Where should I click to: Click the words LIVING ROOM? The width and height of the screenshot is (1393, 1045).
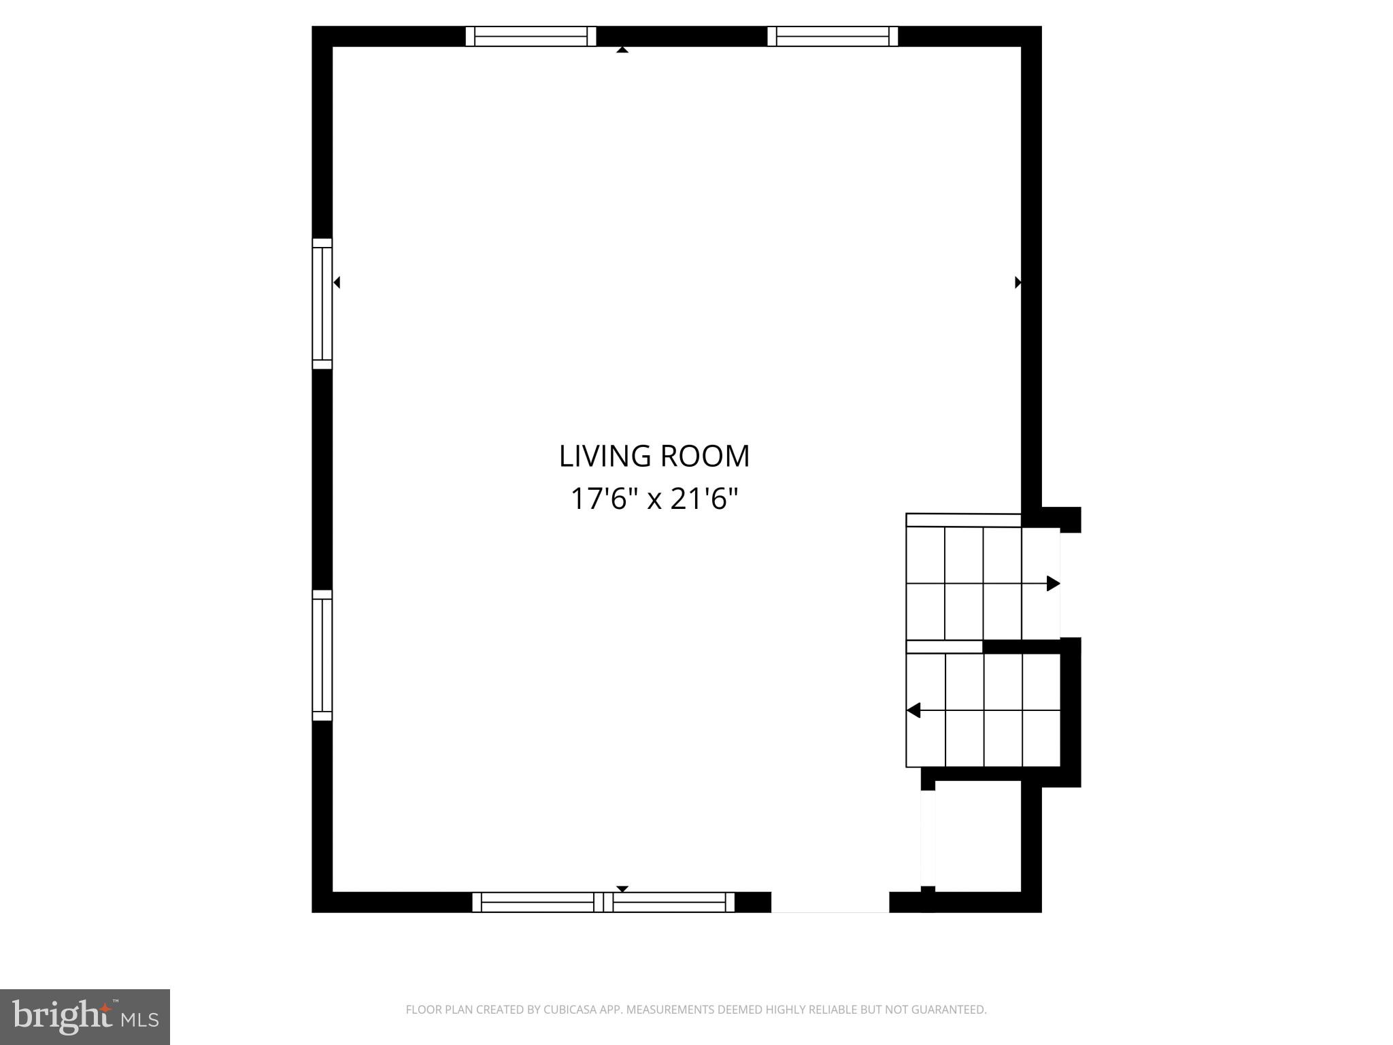(x=654, y=456)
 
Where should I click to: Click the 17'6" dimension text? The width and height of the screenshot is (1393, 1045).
(x=603, y=499)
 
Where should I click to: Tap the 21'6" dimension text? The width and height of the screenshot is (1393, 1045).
(x=704, y=499)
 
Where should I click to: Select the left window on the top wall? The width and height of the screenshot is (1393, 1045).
(x=531, y=36)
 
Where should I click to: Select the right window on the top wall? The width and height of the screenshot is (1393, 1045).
(x=833, y=36)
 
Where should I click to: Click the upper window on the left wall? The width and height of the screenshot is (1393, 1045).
(x=322, y=303)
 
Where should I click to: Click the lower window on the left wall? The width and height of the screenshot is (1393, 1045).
(x=322, y=655)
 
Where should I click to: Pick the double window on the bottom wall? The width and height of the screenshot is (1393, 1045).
(x=603, y=902)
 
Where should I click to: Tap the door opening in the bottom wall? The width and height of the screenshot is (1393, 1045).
(x=830, y=902)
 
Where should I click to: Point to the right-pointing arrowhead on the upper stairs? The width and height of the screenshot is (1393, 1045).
(x=1053, y=583)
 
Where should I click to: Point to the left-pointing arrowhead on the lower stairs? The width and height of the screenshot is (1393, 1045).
(x=913, y=710)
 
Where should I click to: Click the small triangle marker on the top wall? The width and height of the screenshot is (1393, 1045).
(x=622, y=50)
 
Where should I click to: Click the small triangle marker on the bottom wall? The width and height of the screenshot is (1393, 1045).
(x=622, y=889)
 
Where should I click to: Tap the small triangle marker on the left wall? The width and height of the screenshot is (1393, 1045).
(x=336, y=282)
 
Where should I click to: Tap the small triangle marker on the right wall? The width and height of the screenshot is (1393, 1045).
(x=1018, y=282)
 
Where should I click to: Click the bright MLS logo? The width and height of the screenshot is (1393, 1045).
(x=85, y=1016)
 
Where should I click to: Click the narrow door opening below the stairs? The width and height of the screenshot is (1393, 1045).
(x=928, y=837)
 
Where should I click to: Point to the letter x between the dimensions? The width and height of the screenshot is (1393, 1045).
(x=654, y=500)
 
